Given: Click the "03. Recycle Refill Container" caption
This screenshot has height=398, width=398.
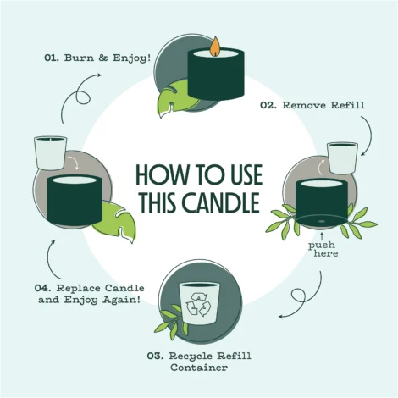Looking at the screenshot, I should (x=200, y=360).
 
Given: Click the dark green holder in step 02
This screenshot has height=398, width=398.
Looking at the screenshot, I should (x=321, y=201).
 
